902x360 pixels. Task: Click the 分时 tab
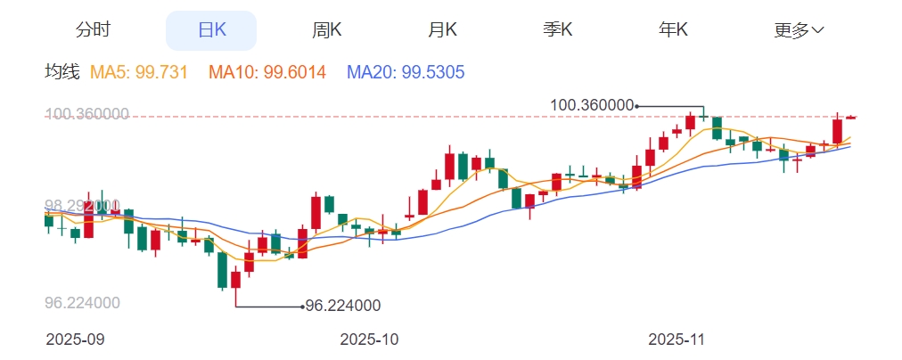click(94, 29)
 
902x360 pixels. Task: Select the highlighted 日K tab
click(211, 29)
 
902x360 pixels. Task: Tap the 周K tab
click(327, 29)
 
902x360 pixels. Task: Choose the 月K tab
click(443, 29)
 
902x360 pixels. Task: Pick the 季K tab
click(558, 29)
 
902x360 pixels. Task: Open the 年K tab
click(674, 29)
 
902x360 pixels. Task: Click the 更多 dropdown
click(799, 29)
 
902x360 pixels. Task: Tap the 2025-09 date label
click(75, 340)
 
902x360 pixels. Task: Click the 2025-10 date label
click(370, 340)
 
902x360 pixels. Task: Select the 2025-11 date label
click(676, 340)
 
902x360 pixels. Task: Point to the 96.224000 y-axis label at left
click(82, 303)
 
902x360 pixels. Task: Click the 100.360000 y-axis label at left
click(86, 114)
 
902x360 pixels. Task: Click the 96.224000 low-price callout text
click(343, 306)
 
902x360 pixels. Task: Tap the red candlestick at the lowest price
click(236, 280)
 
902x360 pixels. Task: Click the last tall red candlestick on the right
click(838, 131)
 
